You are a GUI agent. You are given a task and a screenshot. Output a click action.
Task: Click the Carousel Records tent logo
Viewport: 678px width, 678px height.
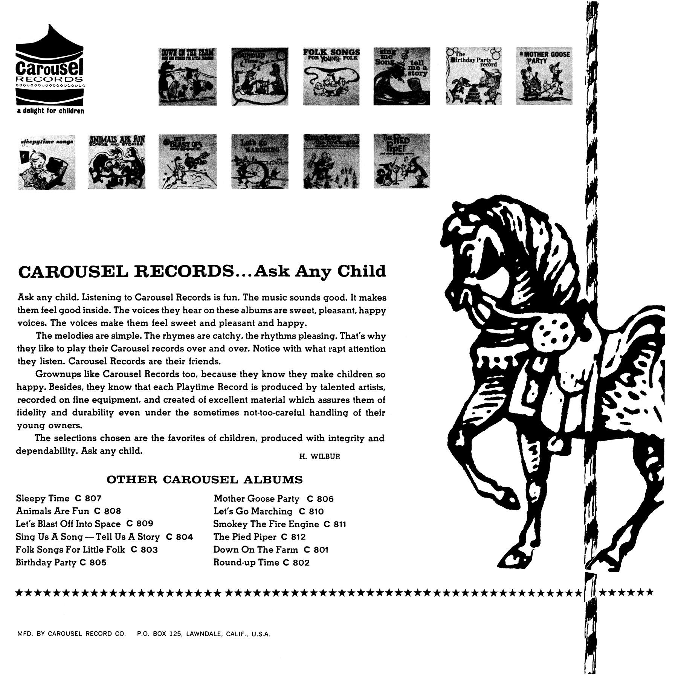tap(50, 66)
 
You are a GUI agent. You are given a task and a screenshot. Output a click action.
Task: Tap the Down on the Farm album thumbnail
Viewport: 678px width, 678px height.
tap(187, 76)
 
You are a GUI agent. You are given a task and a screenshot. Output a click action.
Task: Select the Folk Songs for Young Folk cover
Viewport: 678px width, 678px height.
tap(331, 76)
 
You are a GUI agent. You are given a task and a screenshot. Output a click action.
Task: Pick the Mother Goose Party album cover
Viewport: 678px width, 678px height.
tap(544, 76)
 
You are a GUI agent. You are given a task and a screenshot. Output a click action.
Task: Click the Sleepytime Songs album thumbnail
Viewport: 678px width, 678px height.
tap(46, 162)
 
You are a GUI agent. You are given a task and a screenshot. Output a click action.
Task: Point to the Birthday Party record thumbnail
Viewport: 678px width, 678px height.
tap(473, 76)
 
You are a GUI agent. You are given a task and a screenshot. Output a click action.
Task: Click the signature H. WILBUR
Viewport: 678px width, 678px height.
tap(319, 457)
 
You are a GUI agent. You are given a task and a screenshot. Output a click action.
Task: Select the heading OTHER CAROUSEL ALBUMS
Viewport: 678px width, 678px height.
tap(205, 479)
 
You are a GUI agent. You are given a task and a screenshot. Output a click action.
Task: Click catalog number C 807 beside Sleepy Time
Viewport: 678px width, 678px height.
tap(89, 499)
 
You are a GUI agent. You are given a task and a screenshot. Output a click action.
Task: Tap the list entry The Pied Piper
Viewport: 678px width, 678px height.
tap(245, 537)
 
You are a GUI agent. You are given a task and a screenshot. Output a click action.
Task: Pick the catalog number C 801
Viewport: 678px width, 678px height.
tap(316, 550)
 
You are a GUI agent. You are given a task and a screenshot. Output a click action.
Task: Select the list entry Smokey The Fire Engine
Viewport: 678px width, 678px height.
tap(266, 524)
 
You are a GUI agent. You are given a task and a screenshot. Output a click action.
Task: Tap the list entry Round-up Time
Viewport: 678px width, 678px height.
tap(246, 562)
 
